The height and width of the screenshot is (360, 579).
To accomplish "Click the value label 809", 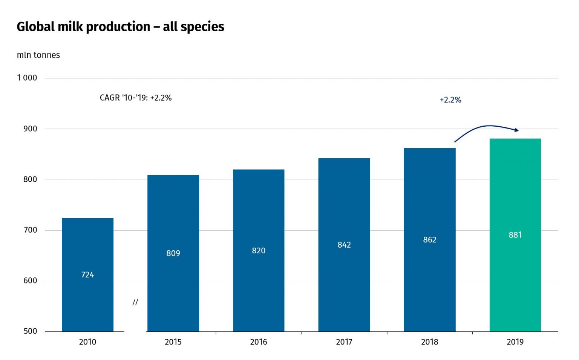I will (173, 253).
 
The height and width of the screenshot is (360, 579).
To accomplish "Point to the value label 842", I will (344, 245).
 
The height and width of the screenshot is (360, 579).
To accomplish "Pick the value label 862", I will (430, 240).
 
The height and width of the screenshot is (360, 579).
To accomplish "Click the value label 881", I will (515, 235).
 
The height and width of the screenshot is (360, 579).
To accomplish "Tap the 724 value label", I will (87, 275).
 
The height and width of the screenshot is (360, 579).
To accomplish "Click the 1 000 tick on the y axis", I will (27, 78).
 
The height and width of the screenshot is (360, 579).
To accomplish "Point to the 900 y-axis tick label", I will (30, 129).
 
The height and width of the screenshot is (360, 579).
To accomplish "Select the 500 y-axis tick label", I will (30, 331).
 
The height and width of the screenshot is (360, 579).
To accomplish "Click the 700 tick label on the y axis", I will (30, 230).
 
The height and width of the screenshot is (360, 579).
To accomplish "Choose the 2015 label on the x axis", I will (173, 342).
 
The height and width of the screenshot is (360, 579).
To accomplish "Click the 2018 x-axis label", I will (430, 342).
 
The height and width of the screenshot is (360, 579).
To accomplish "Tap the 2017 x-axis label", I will (344, 342).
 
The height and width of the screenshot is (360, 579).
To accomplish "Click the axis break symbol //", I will (135, 302).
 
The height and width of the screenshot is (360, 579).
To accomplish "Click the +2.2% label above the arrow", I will (450, 100).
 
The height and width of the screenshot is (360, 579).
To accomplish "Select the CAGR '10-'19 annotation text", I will (136, 98).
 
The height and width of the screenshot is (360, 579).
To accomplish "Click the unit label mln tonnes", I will (38, 55).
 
